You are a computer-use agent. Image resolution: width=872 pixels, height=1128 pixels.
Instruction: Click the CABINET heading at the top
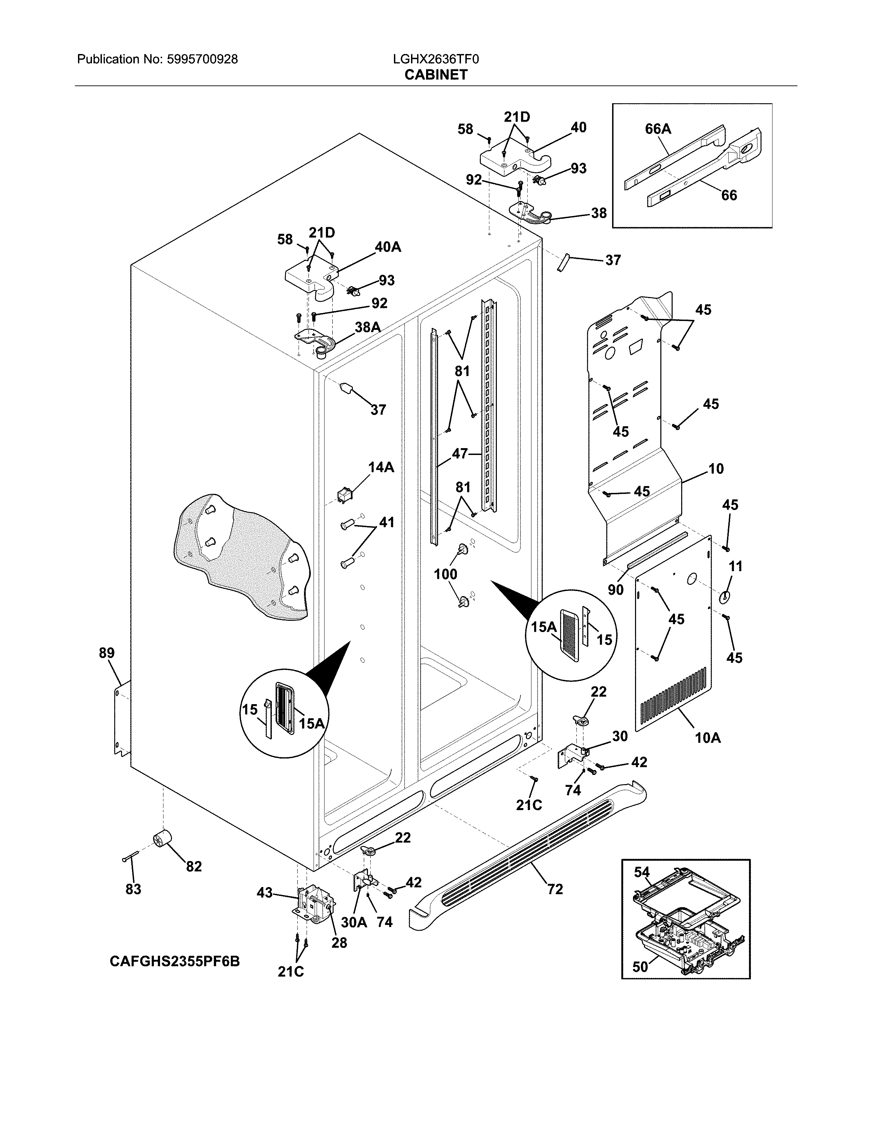point(435,75)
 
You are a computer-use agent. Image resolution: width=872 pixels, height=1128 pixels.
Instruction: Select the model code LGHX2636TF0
point(435,59)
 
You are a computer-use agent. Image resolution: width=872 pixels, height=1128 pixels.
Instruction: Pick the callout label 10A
point(708,738)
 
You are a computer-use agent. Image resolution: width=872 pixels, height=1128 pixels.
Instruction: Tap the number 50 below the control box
point(640,966)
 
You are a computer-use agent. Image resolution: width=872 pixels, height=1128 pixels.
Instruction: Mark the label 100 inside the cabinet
point(445,574)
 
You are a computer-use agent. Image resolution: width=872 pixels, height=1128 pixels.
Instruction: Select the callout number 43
point(264,892)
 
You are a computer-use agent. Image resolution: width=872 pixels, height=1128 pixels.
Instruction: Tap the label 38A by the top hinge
point(368,326)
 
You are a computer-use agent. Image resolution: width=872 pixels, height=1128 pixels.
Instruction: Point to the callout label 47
point(460,454)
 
